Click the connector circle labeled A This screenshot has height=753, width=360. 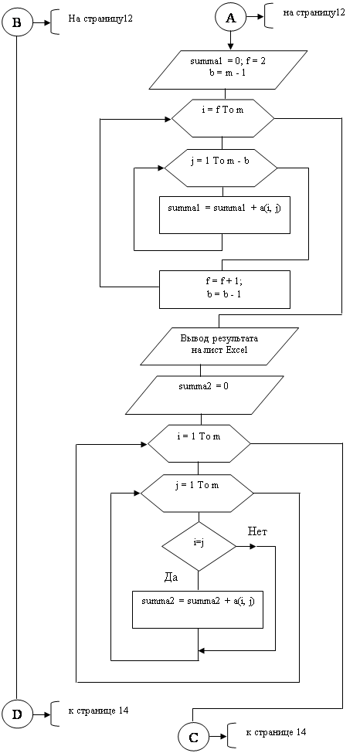tap(231, 18)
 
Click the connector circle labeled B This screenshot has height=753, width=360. tap(17, 21)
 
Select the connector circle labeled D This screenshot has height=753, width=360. tap(17, 714)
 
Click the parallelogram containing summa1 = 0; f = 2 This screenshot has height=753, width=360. tap(229, 70)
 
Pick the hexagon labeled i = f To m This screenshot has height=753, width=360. tap(222, 117)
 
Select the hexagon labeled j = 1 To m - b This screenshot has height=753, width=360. tap(221, 168)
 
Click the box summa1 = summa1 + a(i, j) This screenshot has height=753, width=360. tap(225, 215)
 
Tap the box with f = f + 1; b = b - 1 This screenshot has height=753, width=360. tap(225, 289)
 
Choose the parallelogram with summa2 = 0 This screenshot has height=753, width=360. tap(204, 395)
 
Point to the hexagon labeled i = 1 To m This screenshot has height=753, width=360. tap(199, 444)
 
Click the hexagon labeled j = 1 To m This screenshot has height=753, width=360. tap(197, 494)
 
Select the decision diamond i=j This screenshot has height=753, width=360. tap(199, 547)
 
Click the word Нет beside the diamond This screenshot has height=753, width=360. tap(258, 531)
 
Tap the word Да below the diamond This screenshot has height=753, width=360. tap(171, 578)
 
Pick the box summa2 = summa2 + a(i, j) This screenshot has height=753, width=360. tap(198, 609)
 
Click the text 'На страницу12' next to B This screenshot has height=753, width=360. tap(100, 19)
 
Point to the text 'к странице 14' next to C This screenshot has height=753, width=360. tap(276, 732)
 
